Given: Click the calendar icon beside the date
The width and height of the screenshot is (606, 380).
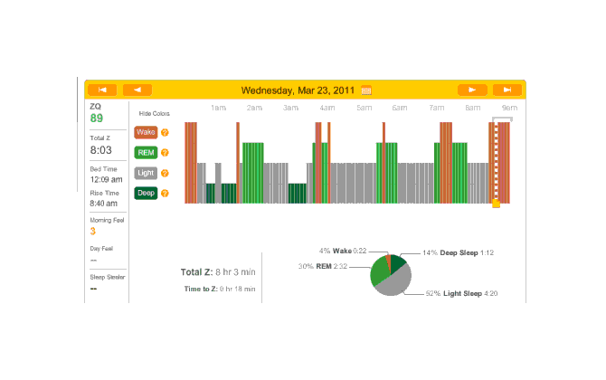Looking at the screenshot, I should pyautogui.click(x=366, y=90).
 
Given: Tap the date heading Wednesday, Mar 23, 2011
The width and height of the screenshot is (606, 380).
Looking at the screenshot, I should pyautogui.click(x=299, y=90).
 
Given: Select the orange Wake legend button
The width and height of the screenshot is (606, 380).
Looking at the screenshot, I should pyautogui.click(x=146, y=132).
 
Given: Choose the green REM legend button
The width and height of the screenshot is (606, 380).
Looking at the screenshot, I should pyautogui.click(x=146, y=152).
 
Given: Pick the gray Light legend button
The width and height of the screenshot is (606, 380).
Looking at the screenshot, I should pyautogui.click(x=146, y=172).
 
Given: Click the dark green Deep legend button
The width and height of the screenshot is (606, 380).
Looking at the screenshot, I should pyautogui.click(x=146, y=193).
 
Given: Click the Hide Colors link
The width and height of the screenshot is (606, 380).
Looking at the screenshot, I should pyautogui.click(x=154, y=114).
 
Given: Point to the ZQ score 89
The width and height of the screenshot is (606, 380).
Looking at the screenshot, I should pyautogui.click(x=96, y=119).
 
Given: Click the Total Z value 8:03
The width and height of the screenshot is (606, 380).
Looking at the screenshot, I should pyautogui.click(x=100, y=150).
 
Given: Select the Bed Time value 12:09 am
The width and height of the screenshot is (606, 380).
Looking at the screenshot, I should pyautogui.click(x=105, y=179).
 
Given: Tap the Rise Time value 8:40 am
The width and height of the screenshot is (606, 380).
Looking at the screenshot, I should pyautogui.click(x=104, y=204).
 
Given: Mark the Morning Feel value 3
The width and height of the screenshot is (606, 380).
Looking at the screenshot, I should pyautogui.click(x=92, y=232).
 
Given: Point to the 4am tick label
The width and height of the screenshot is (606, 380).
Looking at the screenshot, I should pyautogui.click(x=327, y=109).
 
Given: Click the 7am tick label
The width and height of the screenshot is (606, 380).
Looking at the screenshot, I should pyautogui.click(x=437, y=109).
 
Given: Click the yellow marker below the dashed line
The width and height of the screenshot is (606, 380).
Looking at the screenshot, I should pyautogui.click(x=496, y=204).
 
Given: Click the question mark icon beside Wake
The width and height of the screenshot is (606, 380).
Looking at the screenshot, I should pyautogui.click(x=165, y=132).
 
